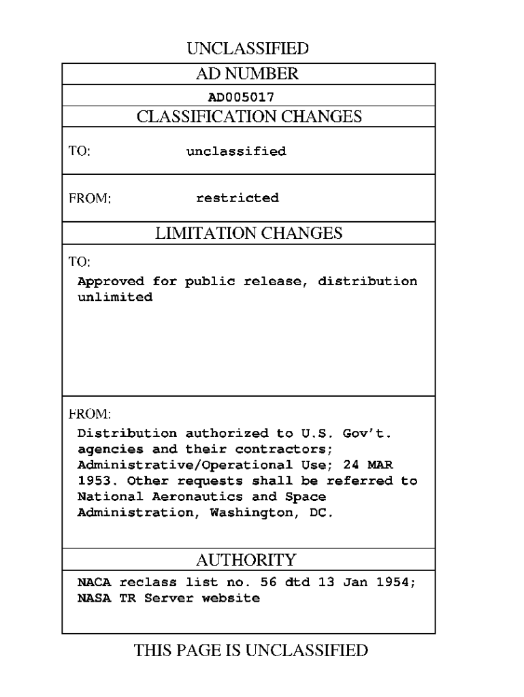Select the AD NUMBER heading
coord(249,74)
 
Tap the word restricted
coord(238,198)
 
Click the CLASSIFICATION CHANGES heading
coord(249,116)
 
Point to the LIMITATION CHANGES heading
coord(249,233)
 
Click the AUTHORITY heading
coord(246,560)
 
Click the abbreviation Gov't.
coord(372,432)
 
